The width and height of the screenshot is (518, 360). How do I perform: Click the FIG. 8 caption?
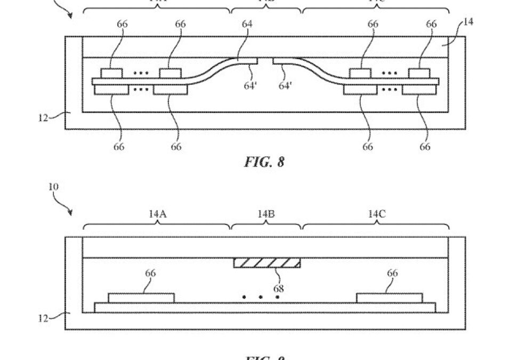(264, 162)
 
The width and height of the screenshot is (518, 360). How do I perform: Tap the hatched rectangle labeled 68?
(267, 262)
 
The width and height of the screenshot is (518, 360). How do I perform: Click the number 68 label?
(278, 289)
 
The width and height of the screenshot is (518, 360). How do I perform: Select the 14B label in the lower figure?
(266, 214)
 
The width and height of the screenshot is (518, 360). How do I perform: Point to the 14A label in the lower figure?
(157, 214)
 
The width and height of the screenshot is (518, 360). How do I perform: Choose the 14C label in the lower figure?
(376, 214)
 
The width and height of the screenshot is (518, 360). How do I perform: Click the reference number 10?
(54, 187)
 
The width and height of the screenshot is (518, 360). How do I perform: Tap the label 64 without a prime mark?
(247, 24)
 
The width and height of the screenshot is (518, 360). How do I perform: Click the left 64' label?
(250, 85)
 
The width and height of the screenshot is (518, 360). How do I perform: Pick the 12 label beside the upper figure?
(43, 118)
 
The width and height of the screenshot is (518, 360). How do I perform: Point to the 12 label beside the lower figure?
(43, 318)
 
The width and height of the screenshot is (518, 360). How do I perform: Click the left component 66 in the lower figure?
(141, 298)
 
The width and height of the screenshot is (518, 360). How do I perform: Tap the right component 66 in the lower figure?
(389, 298)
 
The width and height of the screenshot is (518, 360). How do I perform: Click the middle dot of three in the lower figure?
(261, 297)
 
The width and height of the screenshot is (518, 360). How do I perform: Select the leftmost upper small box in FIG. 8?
(112, 74)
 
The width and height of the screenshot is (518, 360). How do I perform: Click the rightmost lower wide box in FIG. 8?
(418, 90)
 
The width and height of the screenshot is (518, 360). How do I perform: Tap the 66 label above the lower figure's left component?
(151, 274)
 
